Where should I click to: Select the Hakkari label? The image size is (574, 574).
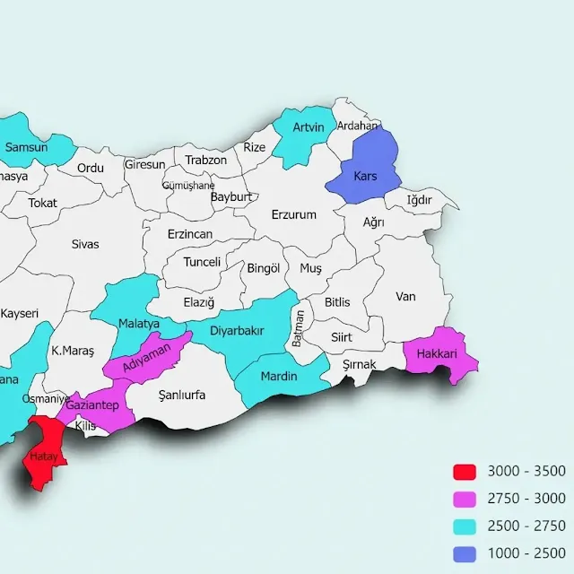[x=437, y=354]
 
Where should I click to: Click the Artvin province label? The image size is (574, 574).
[x=308, y=127]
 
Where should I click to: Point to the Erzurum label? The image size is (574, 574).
[x=294, y=214]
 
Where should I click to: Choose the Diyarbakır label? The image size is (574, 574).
[x=237, y=331]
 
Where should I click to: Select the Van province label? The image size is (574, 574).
[x=406, y=296]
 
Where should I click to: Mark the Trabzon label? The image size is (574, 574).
[x=205, y=160]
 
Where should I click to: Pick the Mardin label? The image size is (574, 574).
[x=278, y=376]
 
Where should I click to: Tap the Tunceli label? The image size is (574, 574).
[x=202, y=262]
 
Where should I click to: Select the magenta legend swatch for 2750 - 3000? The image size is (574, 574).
[x=464, y=499]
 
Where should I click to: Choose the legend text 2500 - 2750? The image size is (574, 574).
[x=526, y=526]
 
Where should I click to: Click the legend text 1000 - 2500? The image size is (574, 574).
[x=526, y=552]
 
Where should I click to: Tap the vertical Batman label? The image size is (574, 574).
[x=300, y=329]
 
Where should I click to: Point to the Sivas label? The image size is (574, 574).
[x=85, y=243]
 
